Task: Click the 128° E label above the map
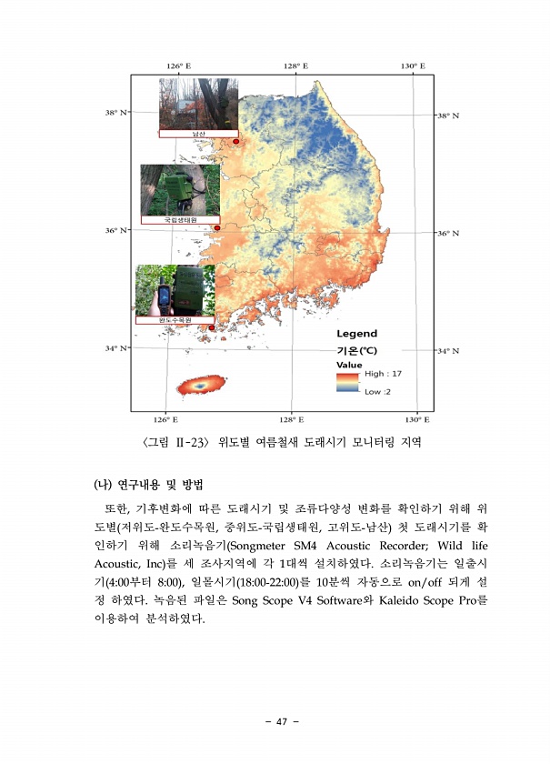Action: tap(295, 66)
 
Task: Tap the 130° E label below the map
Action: tap(416, 420)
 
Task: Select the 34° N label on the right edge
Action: tap(449, 350)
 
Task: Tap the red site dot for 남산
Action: tap(235, 142)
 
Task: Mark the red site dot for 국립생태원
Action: tap(217, 227)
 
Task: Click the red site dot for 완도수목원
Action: tap(212, 327)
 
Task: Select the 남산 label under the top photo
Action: tap(199, 134)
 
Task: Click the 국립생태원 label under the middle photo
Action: tap(180, 220)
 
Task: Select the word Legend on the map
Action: tap(356, 335)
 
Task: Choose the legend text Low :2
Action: tap(377, 392)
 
